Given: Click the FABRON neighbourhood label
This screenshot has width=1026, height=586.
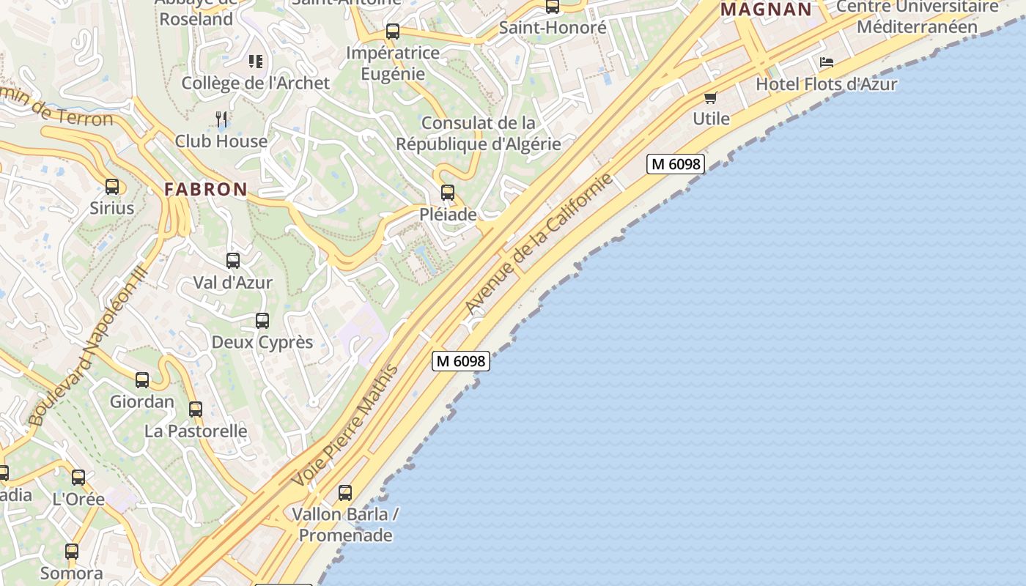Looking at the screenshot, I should click(206, 189).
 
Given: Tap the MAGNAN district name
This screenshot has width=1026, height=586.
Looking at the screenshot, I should click(767, 10).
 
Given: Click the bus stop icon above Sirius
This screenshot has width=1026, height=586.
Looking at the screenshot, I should click(112, 187).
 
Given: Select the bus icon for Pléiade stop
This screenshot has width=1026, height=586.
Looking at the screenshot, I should click(447, 193).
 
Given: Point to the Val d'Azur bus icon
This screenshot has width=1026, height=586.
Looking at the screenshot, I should click(233, 261).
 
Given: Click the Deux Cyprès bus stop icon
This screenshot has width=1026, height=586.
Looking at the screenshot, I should click(262, 321).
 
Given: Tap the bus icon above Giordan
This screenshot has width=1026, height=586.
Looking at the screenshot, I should click(142, 380).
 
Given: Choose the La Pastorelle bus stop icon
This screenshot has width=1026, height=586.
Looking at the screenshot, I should click(196, 409).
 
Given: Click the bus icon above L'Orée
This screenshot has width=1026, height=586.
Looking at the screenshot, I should click(78, 478).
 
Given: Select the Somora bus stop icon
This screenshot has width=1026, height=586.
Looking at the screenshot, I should click(72, 552).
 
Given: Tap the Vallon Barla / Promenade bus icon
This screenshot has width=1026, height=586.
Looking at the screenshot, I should click(345, 493).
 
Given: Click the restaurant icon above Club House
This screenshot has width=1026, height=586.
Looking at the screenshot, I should click(221, 119).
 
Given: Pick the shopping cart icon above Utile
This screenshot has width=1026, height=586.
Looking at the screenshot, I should click(710, 97).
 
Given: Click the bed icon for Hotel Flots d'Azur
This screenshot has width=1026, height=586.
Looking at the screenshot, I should click(827, 62).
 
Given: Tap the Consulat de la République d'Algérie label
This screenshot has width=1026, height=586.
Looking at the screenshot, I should click(479, 133).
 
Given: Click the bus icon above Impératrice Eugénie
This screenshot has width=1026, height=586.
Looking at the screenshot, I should click(393, 31).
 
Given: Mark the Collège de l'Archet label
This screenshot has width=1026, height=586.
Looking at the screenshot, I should click(256, 83).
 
